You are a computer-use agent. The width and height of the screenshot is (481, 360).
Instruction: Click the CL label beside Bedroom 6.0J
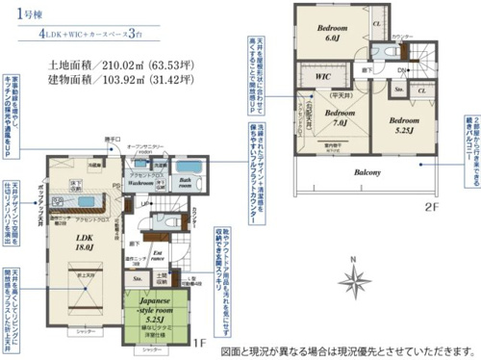pos(375,22)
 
